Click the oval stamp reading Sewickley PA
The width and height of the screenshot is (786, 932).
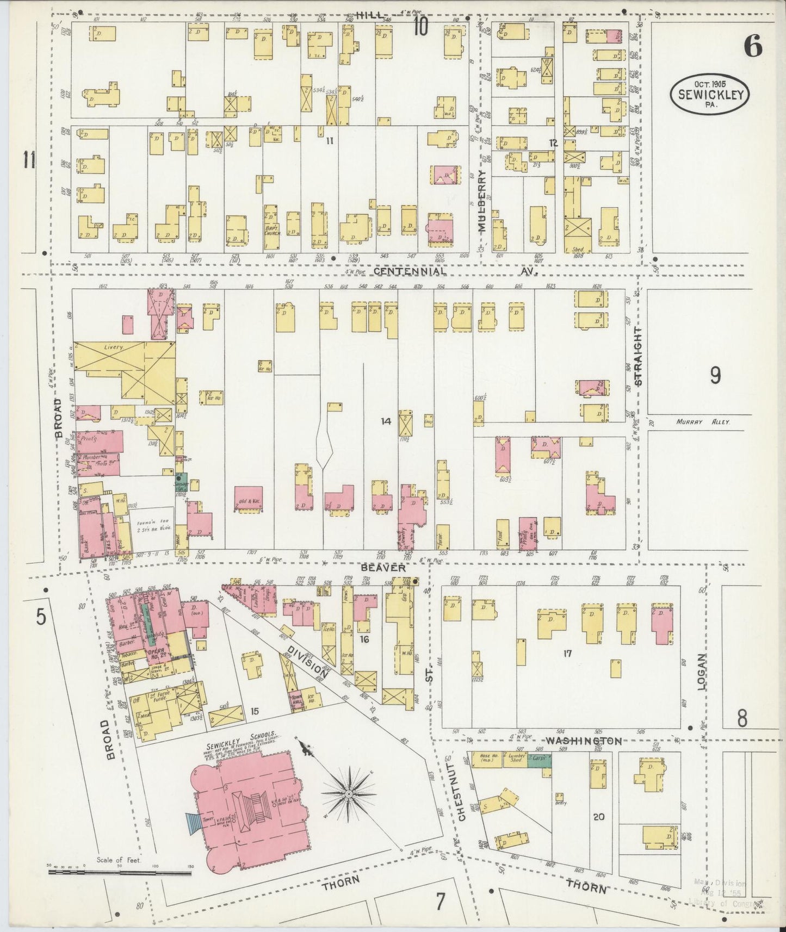pyautogui.click(x=709, y=94)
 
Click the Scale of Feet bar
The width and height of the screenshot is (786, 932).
pyautogui.click(x=120, y=873)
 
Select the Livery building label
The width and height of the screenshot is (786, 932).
pyautogui.click(x=115, y=347)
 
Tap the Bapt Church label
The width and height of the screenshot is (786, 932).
pyautogui.click(x=271, y=229)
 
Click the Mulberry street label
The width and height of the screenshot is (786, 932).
pyautogui.click(x=482, y=202)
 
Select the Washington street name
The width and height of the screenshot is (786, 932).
pyautogui.click(x=583, y=741)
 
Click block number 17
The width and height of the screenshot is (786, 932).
pyautogui.click(x=567, y=653)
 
